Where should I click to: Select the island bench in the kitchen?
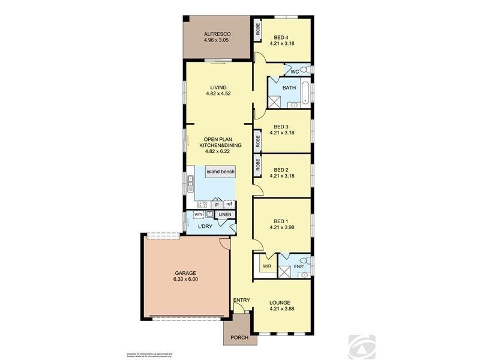click(220, 172)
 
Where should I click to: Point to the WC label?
click(295, 72)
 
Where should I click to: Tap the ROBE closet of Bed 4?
click(258, 29)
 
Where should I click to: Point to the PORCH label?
click(239, 338)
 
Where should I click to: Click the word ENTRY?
click(241, 300)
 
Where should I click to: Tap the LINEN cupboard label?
click(225, 214)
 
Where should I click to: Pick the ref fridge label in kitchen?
click(229, 204)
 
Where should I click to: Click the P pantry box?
click(217, 205)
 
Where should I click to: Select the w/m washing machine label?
click(197, 214)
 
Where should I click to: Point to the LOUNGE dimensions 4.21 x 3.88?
click(281, 310)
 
